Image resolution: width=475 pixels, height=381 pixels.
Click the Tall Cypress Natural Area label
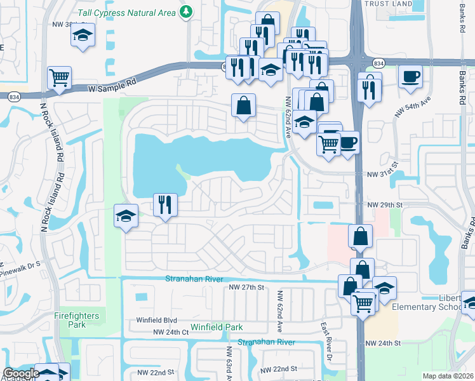[126, 11]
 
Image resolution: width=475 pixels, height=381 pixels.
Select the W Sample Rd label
[113, 83]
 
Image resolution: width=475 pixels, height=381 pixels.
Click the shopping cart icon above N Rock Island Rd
[59, 77]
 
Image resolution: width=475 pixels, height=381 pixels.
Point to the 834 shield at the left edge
[13, 97]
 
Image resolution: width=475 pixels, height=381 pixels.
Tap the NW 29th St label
[385, 205]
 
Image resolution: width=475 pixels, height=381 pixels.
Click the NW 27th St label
[246, 288]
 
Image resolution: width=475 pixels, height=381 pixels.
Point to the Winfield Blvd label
[157, 321]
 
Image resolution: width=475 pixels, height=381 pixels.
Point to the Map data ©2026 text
[448, 376]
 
